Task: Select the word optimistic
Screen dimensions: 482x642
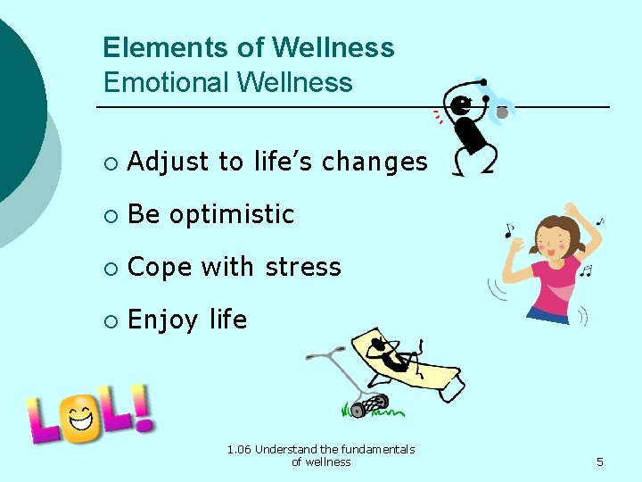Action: (232, 215)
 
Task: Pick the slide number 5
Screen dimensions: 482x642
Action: (600, 461)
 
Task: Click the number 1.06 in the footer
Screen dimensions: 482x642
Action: (239, 449)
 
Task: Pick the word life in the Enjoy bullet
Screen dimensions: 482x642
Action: (228, 320)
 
